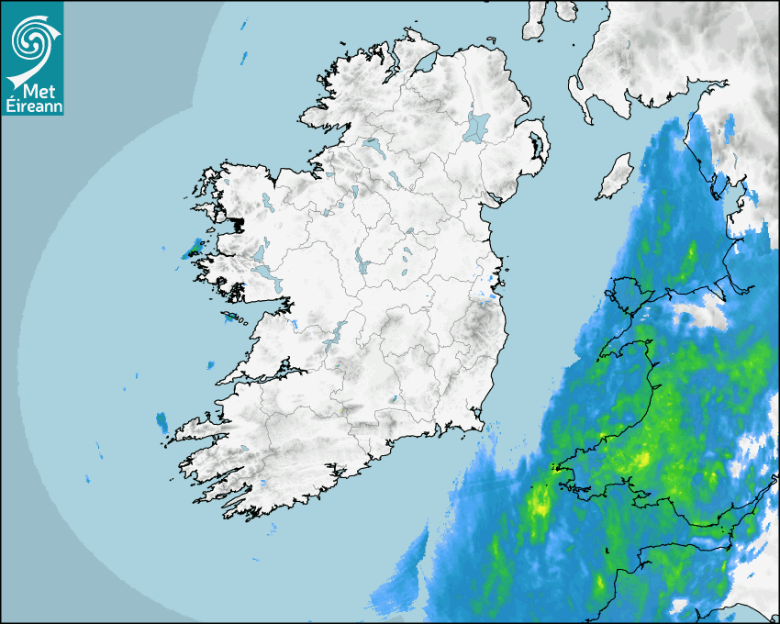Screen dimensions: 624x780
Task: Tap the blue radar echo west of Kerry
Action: pos(162,422)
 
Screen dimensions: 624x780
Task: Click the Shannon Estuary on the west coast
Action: pos(266,375)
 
